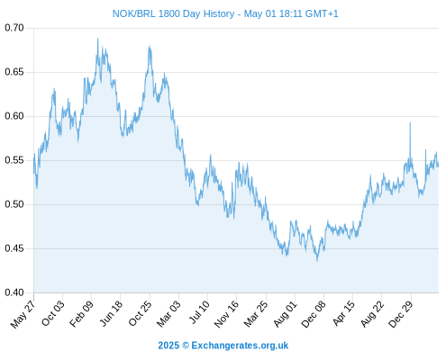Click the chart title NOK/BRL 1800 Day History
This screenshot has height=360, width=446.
coord(173,13)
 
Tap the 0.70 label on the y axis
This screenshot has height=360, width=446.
coord(14,28)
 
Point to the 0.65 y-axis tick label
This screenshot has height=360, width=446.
coord(14,72)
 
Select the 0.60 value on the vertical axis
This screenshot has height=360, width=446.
coord(14,116)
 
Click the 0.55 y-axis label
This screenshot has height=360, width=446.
coord(14,160)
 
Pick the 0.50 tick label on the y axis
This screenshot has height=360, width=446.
coord(14,204)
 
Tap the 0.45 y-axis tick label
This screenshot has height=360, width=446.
coord(14,248)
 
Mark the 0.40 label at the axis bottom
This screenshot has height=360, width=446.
coord(14,292)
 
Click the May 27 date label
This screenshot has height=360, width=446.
coord(23,314)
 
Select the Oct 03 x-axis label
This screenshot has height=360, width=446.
coord(53,313)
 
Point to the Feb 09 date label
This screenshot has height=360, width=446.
coord(81,313)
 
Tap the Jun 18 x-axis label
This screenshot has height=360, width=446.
coord(111,313)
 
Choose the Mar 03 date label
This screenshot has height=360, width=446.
coord(168,313)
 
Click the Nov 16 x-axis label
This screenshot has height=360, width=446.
coord(226,314)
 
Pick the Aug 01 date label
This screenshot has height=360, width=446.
coord(285,314)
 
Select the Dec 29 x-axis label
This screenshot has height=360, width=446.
coord(400,314)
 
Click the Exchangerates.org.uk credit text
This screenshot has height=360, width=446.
coord(240,346)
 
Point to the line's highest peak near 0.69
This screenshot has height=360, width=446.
coord(97,39)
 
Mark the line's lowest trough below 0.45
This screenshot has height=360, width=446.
coord(317,260)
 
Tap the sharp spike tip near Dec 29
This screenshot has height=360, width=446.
coord(410,122)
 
